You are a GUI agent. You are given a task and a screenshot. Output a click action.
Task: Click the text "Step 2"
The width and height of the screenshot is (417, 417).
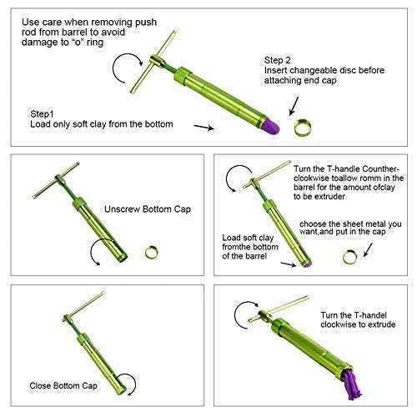pyautogui.click(x=277, y=60)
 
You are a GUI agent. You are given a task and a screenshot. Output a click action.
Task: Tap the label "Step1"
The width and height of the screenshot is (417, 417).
pyautogui.click(x=42, y=114)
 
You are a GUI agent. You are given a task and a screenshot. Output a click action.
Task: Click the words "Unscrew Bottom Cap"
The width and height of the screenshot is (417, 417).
pyautogui.click(x=148, y=209)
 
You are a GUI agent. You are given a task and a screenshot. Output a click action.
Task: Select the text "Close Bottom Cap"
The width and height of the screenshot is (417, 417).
pyautogui.click(x=63, y=385)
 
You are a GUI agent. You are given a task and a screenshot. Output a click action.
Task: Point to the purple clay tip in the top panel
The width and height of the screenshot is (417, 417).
pyautogui.click(x=273, y=127)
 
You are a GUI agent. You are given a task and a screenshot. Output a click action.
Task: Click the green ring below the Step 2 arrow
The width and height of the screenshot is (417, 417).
pyautogui.click(x=302, y=128)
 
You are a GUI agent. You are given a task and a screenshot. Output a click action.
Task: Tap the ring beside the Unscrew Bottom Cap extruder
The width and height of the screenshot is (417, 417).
pyautogui.click(x=152, y=253)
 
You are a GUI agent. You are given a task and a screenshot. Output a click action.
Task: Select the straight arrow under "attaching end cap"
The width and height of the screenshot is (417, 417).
pyautogui.click(x=294, y=106)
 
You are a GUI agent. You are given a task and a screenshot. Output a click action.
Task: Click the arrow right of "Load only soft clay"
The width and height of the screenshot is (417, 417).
pyautogui.click(x=204, y=128)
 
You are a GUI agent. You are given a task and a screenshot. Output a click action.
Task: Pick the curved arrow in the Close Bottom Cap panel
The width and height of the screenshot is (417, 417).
pyautogui.click(x=128, y=383)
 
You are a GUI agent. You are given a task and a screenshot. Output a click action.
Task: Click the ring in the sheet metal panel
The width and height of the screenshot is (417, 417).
pyautogui.click(x=349, y=257)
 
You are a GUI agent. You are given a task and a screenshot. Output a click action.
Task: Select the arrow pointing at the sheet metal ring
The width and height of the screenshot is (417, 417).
pyautogui.click(x=369, y=249)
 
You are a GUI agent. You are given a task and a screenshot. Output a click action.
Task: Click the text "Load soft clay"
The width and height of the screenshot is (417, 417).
pyautogui.click(x=248, y=238)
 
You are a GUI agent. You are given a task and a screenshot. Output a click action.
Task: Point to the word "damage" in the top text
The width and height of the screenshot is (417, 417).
pyautogui.click(x=40, y=43)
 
